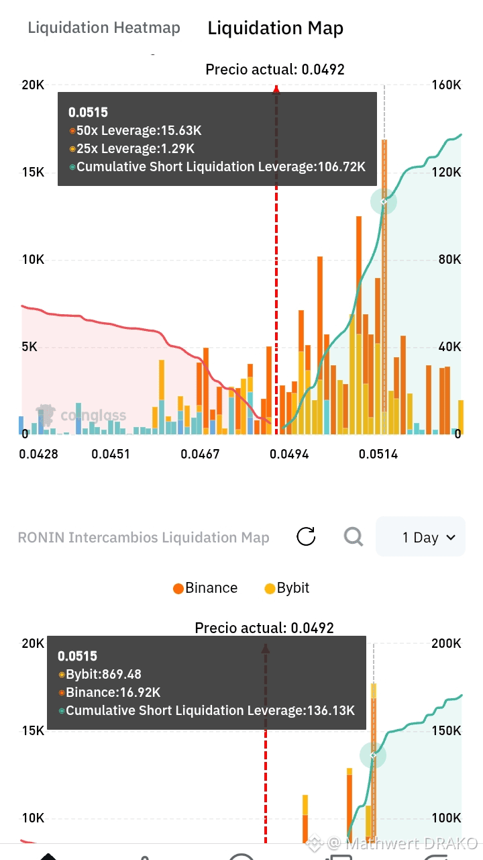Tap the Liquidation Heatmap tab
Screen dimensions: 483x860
(103, 28)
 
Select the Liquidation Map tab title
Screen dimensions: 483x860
(275, 28)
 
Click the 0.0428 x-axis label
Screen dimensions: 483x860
(38, 455)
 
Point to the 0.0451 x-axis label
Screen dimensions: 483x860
(111, 455)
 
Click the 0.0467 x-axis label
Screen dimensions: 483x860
(200, 455)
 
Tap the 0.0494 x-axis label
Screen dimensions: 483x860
(289, 455)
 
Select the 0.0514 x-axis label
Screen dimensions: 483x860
(378, 455)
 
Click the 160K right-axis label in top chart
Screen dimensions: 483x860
(446, 85)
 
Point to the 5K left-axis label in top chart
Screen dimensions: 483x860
(30, 346)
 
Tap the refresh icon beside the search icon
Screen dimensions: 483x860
(306, 536)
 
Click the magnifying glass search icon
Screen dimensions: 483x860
(354, 536)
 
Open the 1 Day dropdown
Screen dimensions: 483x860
(421, 536)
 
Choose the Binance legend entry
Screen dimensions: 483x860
(205, 588)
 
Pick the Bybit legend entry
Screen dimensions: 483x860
(287, 588)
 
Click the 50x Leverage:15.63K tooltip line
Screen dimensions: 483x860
(135, 130)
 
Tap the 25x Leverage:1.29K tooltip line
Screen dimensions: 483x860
(131, 148)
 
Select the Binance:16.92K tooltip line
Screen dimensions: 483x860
(109, 692)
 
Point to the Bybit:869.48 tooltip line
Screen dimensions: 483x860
(100, 674)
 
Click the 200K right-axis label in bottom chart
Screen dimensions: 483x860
(446, 643)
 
